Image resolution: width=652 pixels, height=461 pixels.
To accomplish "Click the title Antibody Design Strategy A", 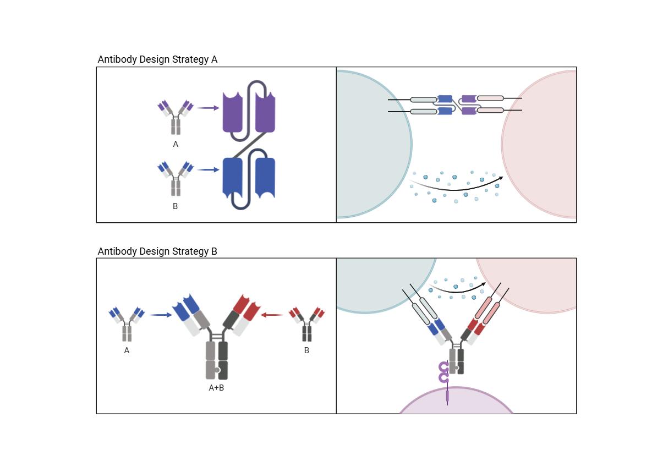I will [x=157, y=59].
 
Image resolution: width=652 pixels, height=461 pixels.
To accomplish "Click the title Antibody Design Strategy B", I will [x=157, y=251].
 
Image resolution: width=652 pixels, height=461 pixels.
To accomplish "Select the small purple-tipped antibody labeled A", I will [x=176, y=117].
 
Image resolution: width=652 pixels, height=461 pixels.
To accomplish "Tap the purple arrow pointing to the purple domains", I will [x=208, y=108].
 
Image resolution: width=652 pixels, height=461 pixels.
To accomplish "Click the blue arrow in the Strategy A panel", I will [x=208, y=170].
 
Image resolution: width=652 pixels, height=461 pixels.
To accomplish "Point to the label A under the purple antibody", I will [x=176, y=144].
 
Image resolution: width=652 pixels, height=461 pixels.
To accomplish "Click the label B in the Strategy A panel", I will [x=175, y=206].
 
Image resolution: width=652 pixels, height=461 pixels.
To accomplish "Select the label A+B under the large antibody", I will [x=216, y=388].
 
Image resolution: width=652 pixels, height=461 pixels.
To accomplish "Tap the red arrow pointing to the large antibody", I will [x=272, y=315].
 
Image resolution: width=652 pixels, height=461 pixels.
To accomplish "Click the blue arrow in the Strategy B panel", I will [x=161, y=315].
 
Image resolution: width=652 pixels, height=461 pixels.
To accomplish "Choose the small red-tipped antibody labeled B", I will [x=306, y=323].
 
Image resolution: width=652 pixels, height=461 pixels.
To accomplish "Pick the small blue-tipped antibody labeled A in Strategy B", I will [x=127, y=323].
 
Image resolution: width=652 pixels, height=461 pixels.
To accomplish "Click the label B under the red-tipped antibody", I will [x=306, y=350].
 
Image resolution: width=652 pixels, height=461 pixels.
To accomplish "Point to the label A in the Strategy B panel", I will [x=127, y=350].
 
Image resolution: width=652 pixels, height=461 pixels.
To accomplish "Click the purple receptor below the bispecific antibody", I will [x=444, y=374].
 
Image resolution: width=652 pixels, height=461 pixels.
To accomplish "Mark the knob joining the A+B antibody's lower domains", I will [x=218, y=370].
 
